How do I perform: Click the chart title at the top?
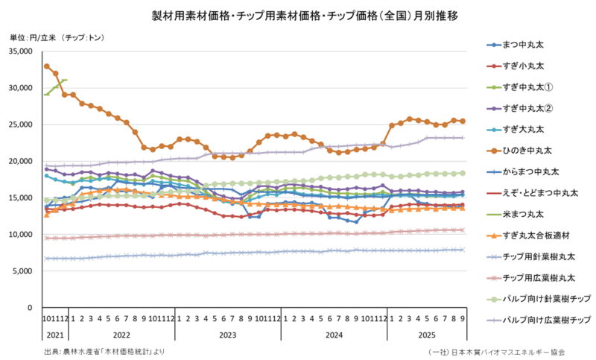[297, 14]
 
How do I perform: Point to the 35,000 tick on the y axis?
[23, 51]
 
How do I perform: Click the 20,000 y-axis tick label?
[23, 161]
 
